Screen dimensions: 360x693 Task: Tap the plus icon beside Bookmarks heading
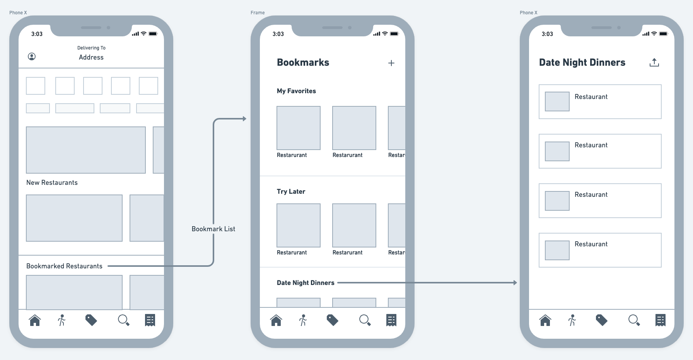391,63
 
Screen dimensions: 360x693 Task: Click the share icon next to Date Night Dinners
654,62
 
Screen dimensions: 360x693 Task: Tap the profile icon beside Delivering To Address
32,56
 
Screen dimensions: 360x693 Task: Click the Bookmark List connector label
213,229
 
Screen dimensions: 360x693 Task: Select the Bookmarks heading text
303,63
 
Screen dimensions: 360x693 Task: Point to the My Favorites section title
296,91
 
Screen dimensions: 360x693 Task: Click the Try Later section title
291,191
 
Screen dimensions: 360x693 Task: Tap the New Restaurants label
52,183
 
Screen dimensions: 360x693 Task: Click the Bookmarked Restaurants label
64,266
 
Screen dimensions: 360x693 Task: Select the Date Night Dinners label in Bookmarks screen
306,283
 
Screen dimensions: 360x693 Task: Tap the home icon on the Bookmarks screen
276,320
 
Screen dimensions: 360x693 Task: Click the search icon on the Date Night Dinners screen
634,320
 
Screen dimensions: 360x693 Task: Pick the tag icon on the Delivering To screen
91,320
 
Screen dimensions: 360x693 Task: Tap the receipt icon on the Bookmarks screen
391,320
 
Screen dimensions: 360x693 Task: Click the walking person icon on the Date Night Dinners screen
572,320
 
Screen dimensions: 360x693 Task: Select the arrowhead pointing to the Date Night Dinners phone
515,283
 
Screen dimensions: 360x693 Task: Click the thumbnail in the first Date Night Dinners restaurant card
557,101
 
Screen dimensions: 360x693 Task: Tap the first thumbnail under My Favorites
299,128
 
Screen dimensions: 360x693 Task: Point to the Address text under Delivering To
91,57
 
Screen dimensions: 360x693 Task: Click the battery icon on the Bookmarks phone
394,34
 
